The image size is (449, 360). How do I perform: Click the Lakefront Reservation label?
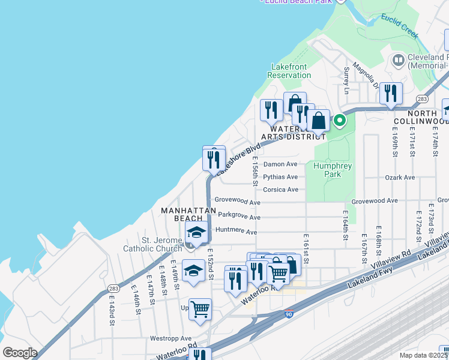(x=291, y=71)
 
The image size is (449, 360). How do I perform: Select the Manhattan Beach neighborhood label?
(x=184, y=215)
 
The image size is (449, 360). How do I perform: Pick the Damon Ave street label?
(x=281, y=164)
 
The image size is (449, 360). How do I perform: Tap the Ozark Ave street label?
(x=400, y=178)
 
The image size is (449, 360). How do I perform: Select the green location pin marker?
(x=339, y=121)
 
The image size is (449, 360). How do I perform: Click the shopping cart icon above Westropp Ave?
(x=200, y=309)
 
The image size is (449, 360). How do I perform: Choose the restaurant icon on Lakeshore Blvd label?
(x=214, y=159)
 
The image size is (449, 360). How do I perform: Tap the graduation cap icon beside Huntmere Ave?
(x=196, y=233)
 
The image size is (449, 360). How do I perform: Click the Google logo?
(x=20, y=353)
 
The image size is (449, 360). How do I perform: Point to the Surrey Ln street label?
(x=346, y=80)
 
